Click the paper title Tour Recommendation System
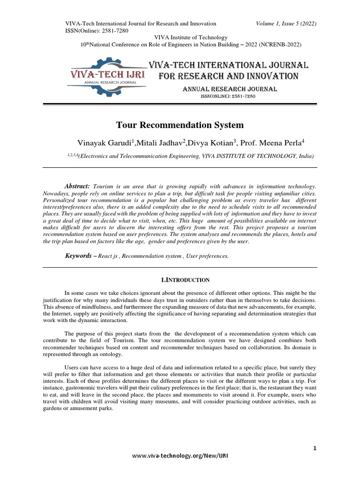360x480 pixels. pyautogui.click(x=180, y=125)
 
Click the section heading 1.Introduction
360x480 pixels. pyautogui.click(x=185, y=280)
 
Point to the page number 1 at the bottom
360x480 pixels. pyautogui.click(x=315, y=448)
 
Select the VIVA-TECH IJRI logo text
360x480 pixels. pyautogui.click(x=107, y=74)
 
